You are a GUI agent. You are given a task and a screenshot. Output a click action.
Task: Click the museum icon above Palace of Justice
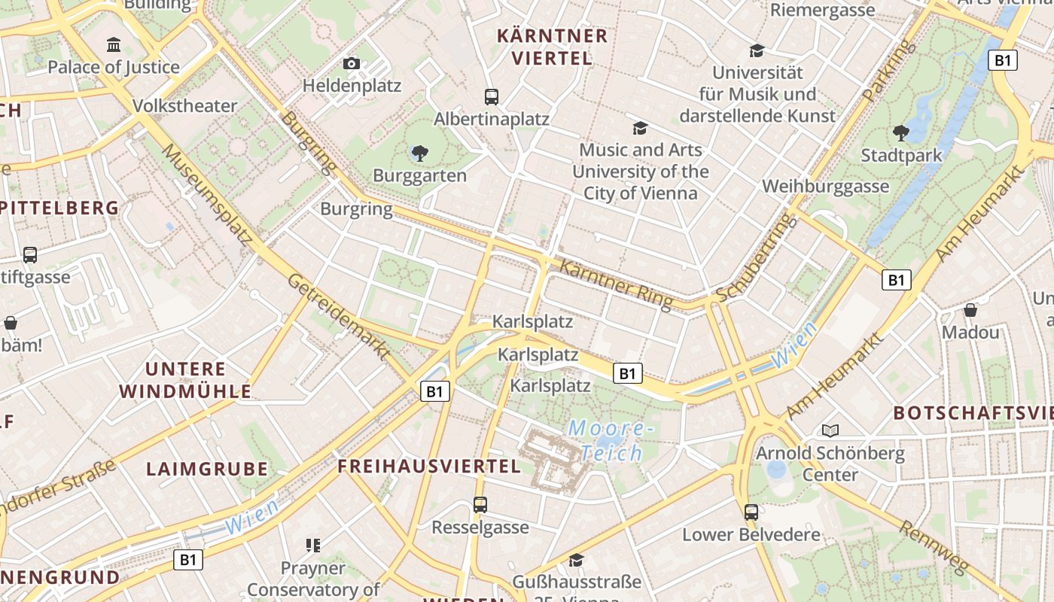point(114,45)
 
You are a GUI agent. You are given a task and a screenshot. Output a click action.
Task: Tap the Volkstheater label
point(184,106)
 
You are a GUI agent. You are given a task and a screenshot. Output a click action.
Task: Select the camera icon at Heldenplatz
point(352,64)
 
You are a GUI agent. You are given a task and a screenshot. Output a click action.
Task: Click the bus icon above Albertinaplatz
point(492,96)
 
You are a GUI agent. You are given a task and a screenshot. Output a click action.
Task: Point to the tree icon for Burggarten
point(419,154)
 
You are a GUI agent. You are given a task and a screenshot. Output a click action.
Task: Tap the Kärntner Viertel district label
point(553,47)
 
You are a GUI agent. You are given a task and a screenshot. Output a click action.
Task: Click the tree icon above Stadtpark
point(900,134)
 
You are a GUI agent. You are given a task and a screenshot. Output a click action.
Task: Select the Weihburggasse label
point(825,186)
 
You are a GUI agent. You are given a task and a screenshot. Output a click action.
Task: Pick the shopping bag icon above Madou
point(970,310)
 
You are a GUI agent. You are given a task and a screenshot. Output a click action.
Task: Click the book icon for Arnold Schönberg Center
point(830,430)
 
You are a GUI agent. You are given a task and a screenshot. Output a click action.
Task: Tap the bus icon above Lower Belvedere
point(751,512)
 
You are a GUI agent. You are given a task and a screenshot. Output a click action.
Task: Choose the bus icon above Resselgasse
point(480,505)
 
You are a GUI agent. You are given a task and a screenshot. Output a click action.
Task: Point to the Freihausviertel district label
point(429,467)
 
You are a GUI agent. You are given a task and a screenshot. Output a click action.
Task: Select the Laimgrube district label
point(207,470)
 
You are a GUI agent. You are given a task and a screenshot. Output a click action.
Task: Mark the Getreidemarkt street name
point(339,315)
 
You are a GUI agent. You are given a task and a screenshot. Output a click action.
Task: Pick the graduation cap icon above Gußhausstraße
point(576,560)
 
